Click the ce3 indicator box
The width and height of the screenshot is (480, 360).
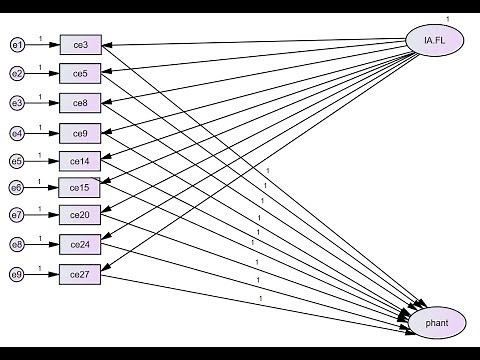[x=79, y=45]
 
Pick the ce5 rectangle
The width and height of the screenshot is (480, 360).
[x=79, y=74]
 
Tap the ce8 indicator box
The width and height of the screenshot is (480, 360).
[x=79, y=103]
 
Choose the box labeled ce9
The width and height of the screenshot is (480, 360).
[x=79, y=132]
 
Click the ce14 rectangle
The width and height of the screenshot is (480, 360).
[x=79, y=160]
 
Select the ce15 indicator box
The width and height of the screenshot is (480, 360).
[x=79, y=187]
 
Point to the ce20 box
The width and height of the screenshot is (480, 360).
[x=79, y=215]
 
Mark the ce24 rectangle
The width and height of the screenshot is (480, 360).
[x=79, y=244]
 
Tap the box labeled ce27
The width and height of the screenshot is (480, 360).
[x=79, y=273]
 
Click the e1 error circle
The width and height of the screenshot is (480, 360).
[x=16, y=45]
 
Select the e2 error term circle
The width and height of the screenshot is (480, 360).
[x=16, y=74]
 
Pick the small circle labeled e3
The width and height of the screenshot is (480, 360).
[x=16, y=103]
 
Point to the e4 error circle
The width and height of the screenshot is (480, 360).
[x=16, y=132]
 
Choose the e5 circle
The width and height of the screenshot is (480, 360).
[x=16, y=160]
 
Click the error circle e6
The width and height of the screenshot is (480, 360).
[x=16, y=187]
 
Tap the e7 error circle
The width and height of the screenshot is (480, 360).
[x=16, y=215]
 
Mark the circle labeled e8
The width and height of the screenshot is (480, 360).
[x=16, y=244]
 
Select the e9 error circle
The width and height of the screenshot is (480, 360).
[x=16, y=273]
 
